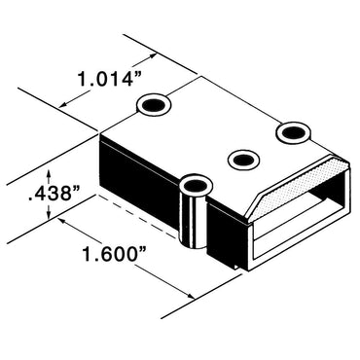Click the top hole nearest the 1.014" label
tap(154, 103)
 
